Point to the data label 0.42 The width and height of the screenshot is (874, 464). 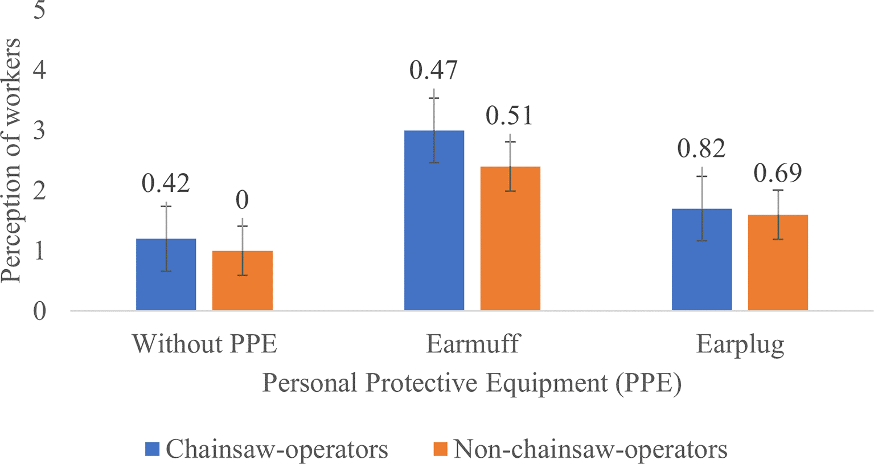pyautogui.click(x=166, y=183)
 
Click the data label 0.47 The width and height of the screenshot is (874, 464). pyautogui.click(x=434, y=70)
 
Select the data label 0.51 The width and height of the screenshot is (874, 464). pyautogui.click(x=510, y=116)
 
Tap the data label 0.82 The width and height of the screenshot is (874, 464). pyautogui.click(x=701, y=149)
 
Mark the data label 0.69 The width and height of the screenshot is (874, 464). pyautogui.click(x=778, y=173)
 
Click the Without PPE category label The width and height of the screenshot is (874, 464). pyautogui.click(x=204, y=344)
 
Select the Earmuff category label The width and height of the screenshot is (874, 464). pyautogui.click(x=473, y=344)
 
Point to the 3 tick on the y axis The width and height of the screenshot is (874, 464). pyautogui.click(x=39, y=130)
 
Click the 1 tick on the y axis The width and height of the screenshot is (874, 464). pyautogui.click(x=39, y=251)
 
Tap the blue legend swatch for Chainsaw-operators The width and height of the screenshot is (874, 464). pyautogui.click(x=152, y=449)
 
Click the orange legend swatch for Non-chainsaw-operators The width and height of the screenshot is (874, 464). pyautogui.click(x=440, y=449)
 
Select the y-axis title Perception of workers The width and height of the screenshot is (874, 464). pyautogui.click(x=11, y=161)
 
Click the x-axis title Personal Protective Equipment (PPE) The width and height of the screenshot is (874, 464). pyautogui.click(x=471, y=383)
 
